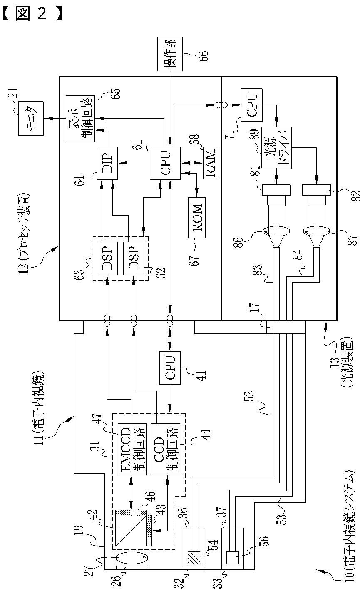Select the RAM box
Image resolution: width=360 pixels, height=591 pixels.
click(210, 163)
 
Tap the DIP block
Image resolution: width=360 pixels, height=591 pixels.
click(107, 163)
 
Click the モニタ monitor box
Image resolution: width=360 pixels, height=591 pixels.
click(31, 119)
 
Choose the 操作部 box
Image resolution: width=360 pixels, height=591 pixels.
click(170, 54)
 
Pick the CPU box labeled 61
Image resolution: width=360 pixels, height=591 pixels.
click(165, 163)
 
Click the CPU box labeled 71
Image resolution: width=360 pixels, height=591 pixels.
click(252, 105)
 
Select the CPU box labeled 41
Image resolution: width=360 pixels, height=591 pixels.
click(169, 368)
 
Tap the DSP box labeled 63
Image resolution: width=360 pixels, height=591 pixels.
click(107, 258)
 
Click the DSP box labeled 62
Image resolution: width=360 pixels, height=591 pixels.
click(134, 258)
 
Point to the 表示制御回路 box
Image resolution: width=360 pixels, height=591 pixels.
click(80, 119)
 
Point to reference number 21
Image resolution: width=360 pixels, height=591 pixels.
click(13, 93)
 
